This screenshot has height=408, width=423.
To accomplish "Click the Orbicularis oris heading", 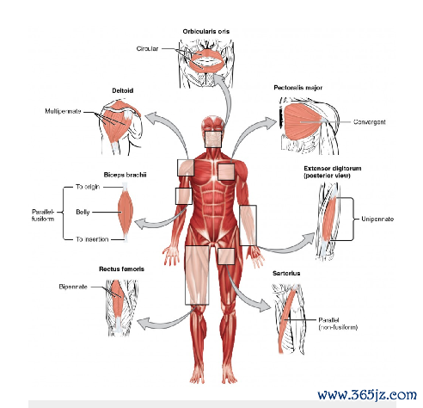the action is [206, 31].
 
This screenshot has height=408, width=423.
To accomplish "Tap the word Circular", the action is [147, 49].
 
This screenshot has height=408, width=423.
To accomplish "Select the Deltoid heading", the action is [123, 90].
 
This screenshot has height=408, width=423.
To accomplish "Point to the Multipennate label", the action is [63, 111].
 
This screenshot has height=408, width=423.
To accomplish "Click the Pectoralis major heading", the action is [298, 88].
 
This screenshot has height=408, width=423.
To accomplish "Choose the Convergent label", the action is [370, 122].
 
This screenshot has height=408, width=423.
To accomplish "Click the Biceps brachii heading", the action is [125, 175].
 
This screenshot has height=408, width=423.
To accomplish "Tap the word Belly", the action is [83, 212].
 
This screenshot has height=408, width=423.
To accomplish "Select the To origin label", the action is [88, 187].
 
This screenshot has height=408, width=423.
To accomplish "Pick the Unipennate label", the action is [377, 219].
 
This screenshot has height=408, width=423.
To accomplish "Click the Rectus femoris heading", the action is [121, 269].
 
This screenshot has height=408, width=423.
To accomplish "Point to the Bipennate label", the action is [73, 287].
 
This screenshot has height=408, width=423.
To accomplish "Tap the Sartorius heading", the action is [286, 274].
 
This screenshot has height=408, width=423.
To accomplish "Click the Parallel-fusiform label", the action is [43, 215].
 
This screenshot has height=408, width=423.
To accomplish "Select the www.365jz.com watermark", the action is [367, 395].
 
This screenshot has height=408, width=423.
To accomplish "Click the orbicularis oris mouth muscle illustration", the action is [206, 60].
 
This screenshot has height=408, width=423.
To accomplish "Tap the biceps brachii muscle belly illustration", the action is [126, 212].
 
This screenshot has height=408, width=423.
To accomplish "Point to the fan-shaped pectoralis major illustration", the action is [303, 121].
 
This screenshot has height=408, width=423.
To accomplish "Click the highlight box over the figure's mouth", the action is [213, 139].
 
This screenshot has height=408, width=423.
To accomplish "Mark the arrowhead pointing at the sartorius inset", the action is [265, 306].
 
